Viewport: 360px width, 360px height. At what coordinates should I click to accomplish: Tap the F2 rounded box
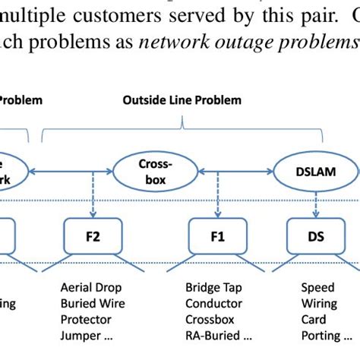93,236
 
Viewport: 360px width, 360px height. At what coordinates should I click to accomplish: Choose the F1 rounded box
217,236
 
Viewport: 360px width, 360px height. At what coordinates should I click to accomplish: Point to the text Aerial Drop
90,288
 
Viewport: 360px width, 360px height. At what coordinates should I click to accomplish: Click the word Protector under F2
86,320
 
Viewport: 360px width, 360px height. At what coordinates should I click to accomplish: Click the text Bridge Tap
213,288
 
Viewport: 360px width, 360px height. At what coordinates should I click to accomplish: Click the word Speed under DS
317,288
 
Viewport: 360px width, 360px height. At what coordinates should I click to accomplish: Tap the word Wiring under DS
319,304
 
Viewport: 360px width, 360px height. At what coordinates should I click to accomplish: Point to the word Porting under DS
320,336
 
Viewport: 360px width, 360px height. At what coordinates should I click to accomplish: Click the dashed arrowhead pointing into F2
93,213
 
